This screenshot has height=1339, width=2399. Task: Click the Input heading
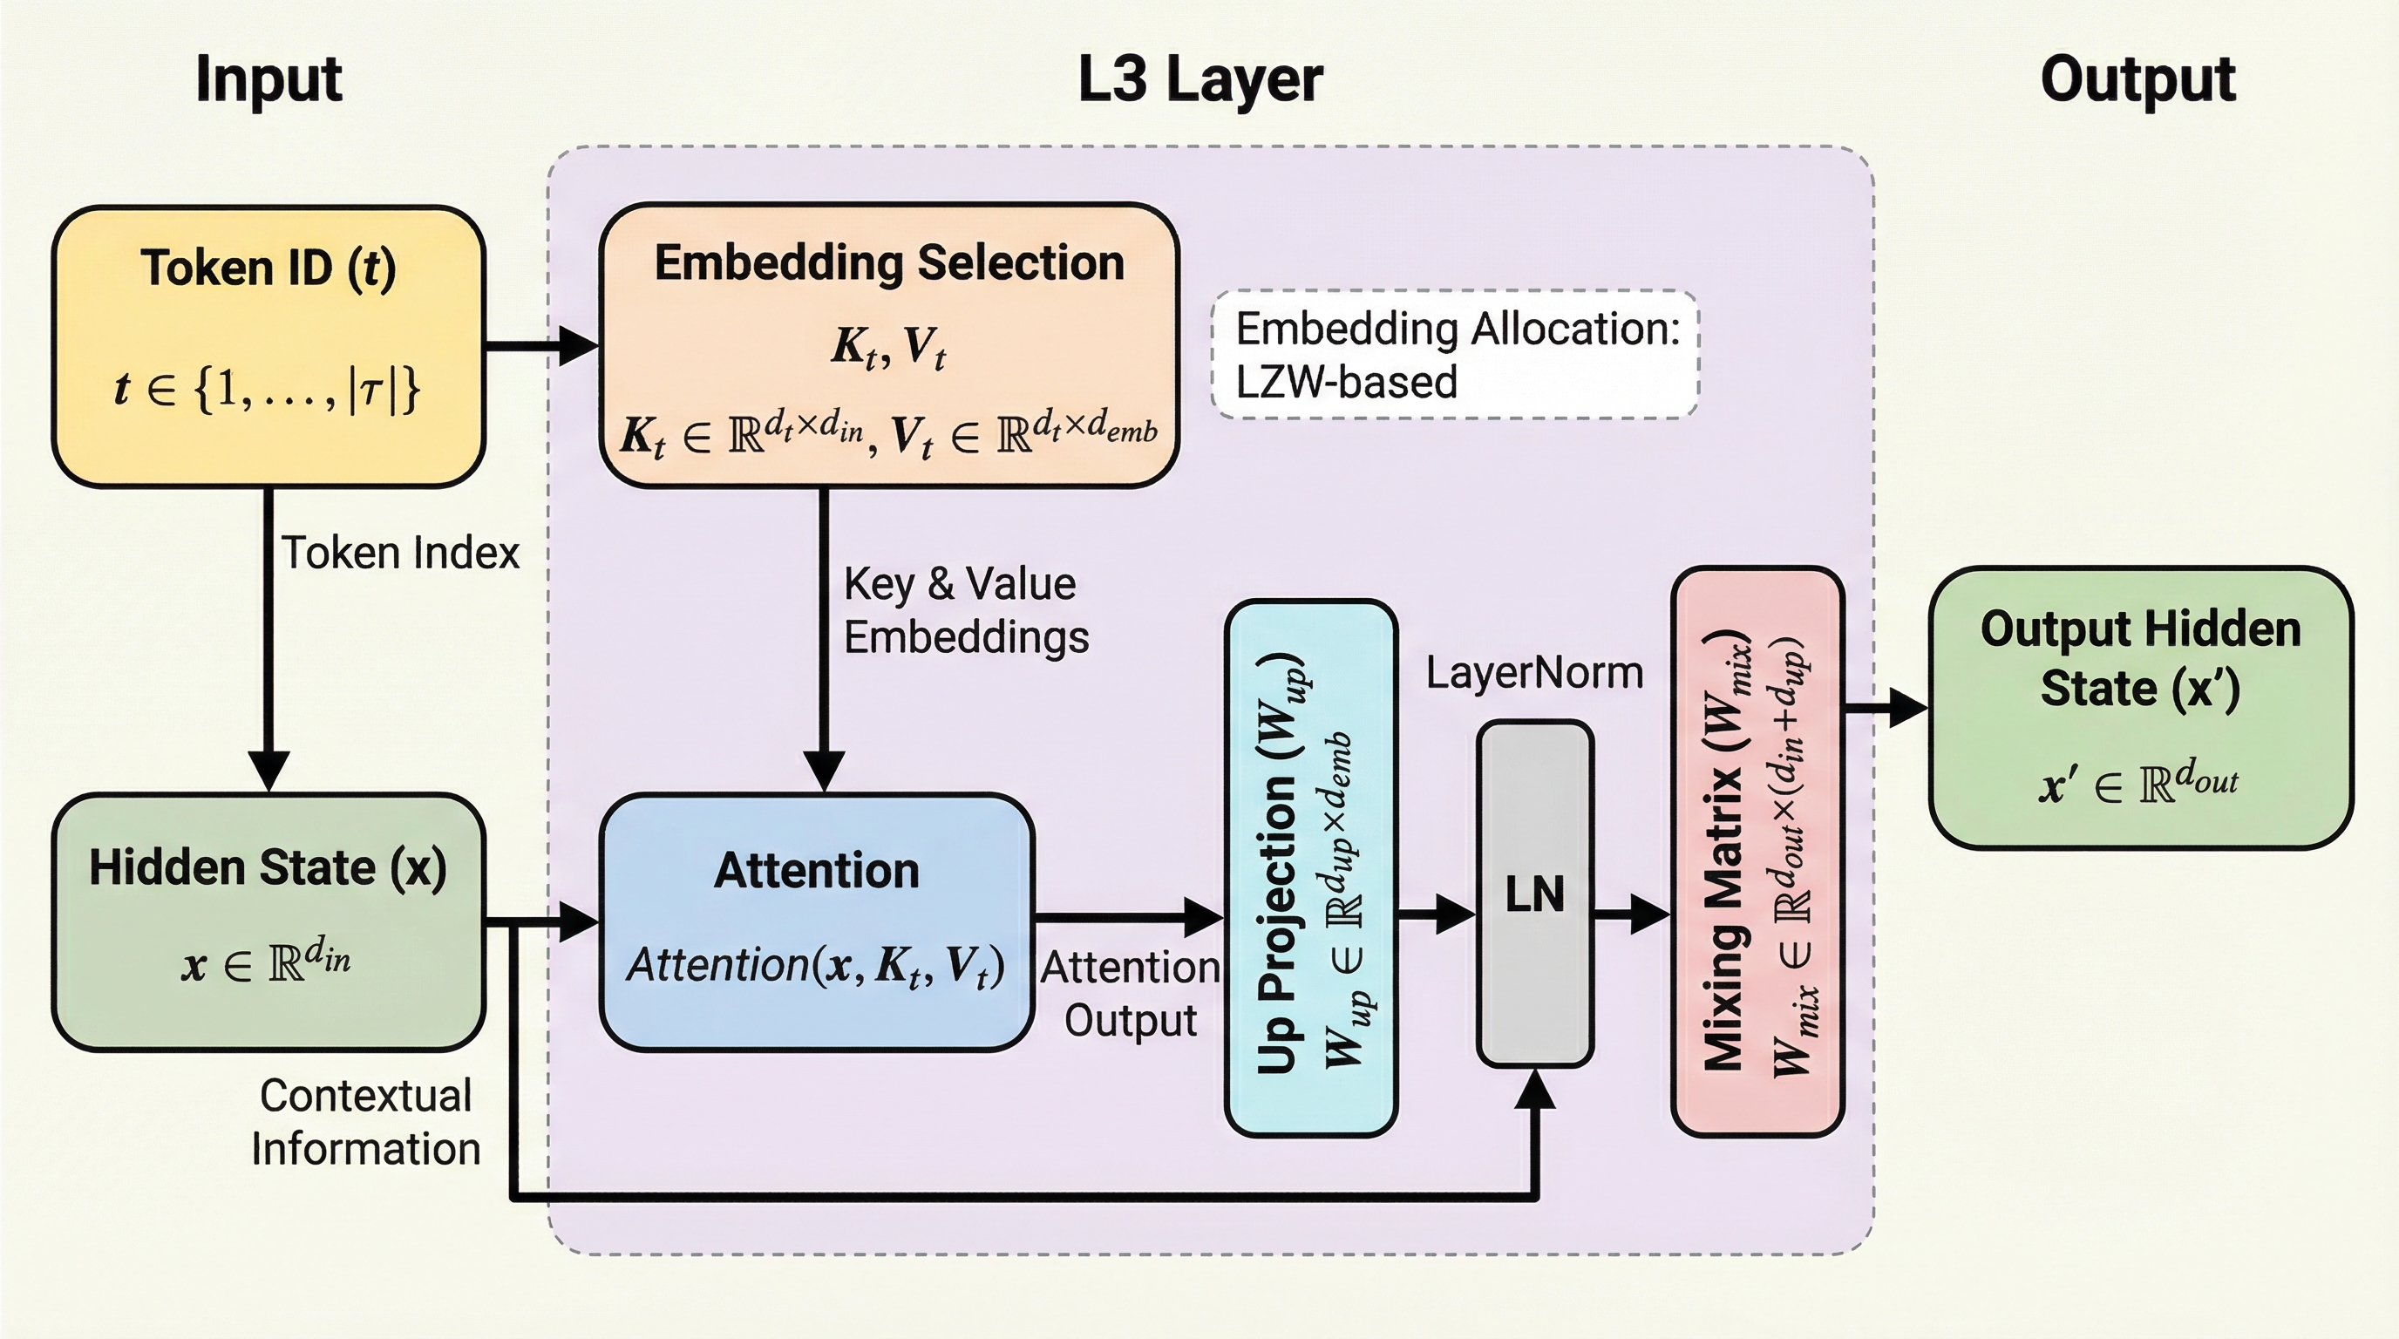pyautogui.click(x=268, y=79)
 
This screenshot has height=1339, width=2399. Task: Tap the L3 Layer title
pyautogui.click(x=1199, y=79)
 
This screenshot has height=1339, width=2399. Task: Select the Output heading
pyautogui.click(x=2137, y=79)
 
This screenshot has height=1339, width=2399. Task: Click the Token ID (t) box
pyautogui.click(x=268, y=345)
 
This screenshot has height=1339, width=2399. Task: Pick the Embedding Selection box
pyautogui.click(x=889, y=345)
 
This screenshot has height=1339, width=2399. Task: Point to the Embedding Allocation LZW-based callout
pyautogui.click(x=1455, y=355)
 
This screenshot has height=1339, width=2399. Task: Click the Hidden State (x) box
pyautogui.click(x=268, y=921)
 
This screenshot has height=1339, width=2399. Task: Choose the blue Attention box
pyautogui.click(x=817, y=921)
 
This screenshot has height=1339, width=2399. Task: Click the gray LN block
pyautogui.click(x=1535, y=894)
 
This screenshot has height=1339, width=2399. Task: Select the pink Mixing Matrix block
pyautogui.click(x=1757, y=852)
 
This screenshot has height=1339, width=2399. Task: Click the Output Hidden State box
pyautogui.click(x=2140, y=708)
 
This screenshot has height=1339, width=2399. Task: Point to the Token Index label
pyautogui.click(x=400, y=553)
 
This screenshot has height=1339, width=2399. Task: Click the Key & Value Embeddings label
pyautogui.click(x=965, y=611)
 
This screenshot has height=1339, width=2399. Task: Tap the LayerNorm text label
pyautogui.click(x=1534, y=672)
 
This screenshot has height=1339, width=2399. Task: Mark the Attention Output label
pyautogui.click(x=1130, y=994)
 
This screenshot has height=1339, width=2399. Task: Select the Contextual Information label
pyautogui.click(x=366, y=1122)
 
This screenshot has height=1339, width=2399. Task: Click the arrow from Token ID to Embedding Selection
pyautogui.click(x=541, y=345)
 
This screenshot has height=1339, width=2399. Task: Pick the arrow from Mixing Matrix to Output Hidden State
pyautogui.click(x=1886, y=708)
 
